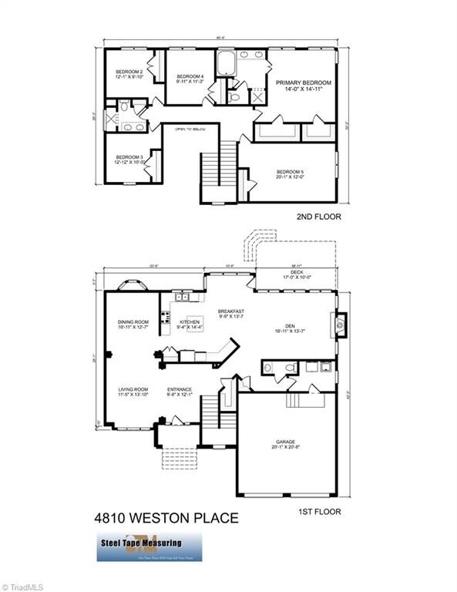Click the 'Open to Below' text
(190, 129)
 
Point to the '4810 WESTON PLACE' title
(166, 519)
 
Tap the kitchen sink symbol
(183, 297)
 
